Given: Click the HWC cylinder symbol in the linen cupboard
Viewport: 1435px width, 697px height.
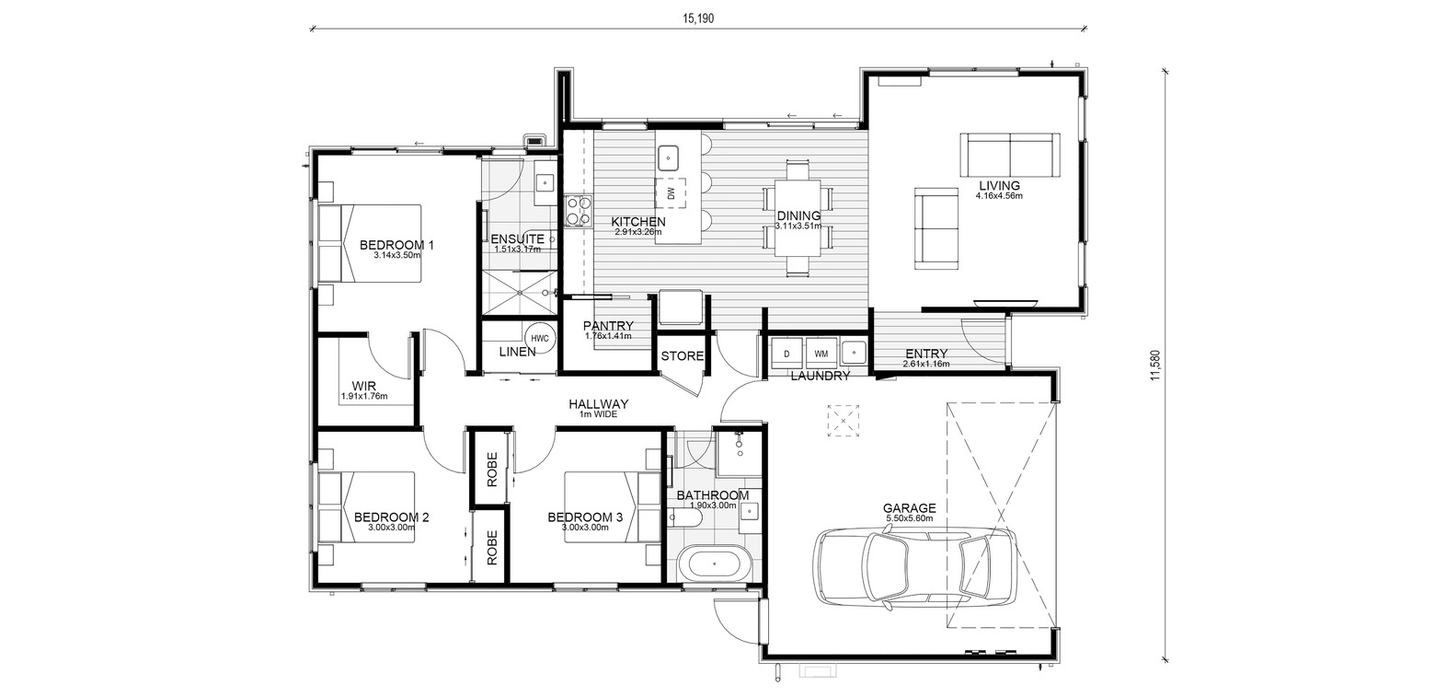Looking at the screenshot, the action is (x=539, y=338).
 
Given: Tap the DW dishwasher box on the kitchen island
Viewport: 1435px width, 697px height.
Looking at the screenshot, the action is (x=670, y=193).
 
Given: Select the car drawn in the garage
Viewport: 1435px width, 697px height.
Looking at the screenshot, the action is (x=914, y=567).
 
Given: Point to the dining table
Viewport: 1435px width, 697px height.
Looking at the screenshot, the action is (x=798, y=218).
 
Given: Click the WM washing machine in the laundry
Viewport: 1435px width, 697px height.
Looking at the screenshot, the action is (x=821, y=354).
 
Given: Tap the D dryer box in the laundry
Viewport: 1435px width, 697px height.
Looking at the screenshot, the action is (x=786, y=354).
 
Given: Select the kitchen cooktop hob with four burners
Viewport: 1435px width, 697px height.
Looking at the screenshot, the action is (x=578, y=212).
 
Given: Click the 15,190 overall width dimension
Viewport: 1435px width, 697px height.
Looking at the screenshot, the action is (x=697, y=18).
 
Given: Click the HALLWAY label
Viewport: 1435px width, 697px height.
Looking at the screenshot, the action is (x=598, y=404).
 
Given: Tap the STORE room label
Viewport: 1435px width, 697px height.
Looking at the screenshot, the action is (x=683, y=356).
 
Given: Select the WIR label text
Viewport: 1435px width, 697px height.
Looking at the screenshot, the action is (x=364, y=386).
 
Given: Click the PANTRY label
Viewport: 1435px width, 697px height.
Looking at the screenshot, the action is (x=608, y=326).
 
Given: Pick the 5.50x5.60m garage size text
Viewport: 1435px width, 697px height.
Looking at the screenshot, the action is (x=909, y=518).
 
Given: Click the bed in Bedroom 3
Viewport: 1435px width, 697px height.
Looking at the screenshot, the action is (x=612, y=507).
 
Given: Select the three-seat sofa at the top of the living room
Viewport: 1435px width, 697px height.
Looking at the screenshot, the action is (x=1010, y=155).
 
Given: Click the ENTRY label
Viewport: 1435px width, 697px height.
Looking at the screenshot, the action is (x=926, y=354).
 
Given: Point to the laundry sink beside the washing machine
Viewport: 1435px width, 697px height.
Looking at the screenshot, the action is (x=853, y=352).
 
